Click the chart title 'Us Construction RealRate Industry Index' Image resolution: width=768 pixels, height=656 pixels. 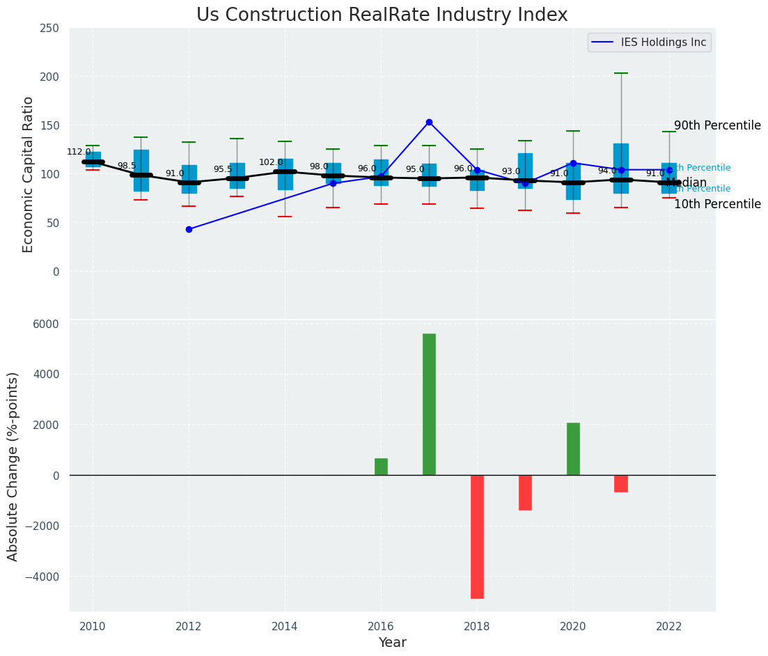[382, 15]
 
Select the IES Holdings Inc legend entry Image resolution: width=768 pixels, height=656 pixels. [650, 42]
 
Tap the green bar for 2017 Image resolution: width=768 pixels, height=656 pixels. [429, 404]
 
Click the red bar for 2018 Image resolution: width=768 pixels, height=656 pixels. [477, 536]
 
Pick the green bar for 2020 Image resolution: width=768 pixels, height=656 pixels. [573, 448]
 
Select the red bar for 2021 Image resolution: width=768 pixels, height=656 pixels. [621, 483]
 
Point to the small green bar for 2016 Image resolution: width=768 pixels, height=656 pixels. [381, 467]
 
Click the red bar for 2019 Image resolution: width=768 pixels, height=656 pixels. [525, 492]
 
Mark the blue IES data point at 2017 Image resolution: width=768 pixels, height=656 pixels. [429, 122]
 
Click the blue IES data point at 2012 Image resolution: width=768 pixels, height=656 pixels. [189, 229]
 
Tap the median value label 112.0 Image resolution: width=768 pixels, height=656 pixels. [79, 152]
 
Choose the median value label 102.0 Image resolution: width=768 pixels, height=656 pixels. [271, 162]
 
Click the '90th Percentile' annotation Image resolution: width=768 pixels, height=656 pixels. [717, 125]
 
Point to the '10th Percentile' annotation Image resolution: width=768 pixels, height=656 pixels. [717, 204]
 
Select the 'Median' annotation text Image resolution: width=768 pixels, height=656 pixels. [686, 183]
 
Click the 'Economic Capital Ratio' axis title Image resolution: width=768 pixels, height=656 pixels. [29, 174]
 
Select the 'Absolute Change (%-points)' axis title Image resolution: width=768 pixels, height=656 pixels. [13, 466]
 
